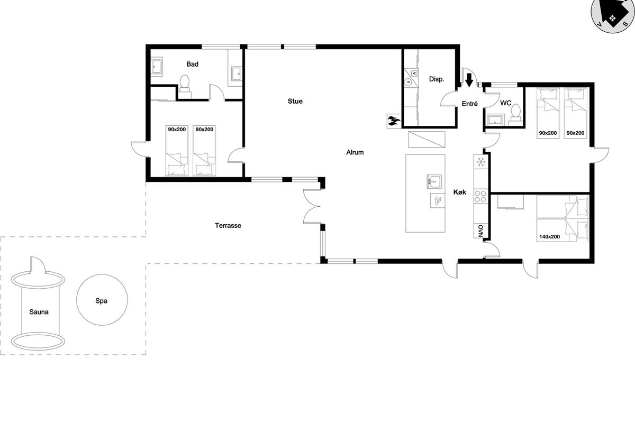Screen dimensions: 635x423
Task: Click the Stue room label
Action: click(x=295, y=101)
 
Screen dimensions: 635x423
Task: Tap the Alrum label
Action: click(x=355, y=152)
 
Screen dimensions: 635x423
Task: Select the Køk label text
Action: click(x=459, y=192)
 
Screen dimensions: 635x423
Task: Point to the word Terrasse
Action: click(x=228, y=226)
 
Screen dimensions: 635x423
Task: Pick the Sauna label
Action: click(x=39, y=312)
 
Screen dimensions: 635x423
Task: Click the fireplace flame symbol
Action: click(x=394, y=121)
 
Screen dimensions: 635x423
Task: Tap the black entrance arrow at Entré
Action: click(x=469, y=80)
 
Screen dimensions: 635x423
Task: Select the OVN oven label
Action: click(x=480, y=231)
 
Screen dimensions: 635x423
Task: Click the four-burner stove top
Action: click(x=480, y=196)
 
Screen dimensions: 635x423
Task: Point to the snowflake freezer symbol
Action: click(x=481, y=162)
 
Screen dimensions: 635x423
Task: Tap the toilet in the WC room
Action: click(x=515, y=115)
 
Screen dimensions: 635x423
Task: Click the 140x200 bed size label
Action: click(x=549, y=236)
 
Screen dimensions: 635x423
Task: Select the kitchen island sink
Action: click(x=434, y=181)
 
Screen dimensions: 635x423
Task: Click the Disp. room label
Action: click(x=437, y=79)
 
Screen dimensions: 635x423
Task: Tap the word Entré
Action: click(x=470, y=104)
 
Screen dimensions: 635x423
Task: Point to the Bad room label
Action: click(x=192, y=65)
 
